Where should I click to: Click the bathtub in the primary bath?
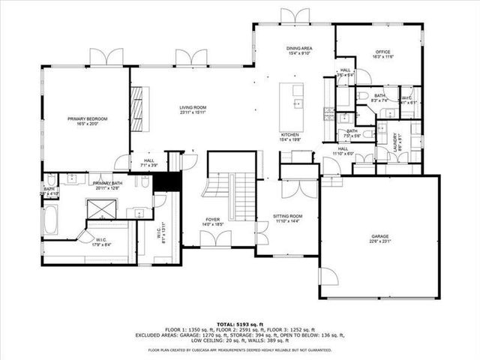[51, 220]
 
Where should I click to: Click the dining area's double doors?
[294, 16]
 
